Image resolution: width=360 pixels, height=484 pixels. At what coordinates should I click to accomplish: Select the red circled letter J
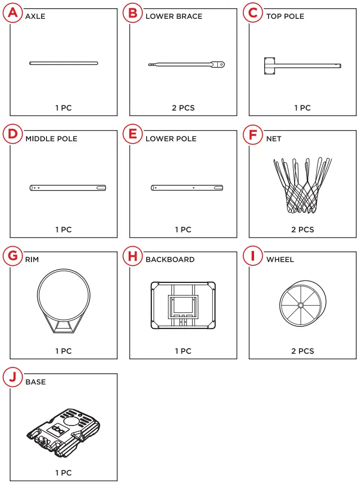click(13, 378)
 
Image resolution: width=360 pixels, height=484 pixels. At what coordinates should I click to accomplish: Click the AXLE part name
click(35, 16)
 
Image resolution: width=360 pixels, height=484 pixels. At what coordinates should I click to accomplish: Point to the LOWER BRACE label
click(174, 16)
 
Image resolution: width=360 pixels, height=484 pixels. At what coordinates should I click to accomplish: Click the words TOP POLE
click(285, 16)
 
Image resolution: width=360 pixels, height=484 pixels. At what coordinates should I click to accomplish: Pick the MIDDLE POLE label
click(51, 139)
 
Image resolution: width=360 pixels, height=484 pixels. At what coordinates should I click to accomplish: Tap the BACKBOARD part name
click(170, 260)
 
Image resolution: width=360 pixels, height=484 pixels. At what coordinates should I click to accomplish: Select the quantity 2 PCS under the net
click(302, 230)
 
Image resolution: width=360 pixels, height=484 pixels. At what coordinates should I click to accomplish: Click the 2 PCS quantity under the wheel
click(302, 351)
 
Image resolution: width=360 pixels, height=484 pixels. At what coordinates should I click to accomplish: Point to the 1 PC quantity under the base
click(63, 473)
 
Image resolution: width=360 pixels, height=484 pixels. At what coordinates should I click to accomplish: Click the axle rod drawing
click(63, 63)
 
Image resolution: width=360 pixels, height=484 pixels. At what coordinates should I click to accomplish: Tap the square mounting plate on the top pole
click(270, 66)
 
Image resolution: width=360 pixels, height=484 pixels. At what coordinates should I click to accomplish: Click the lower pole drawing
click(187, 188)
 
